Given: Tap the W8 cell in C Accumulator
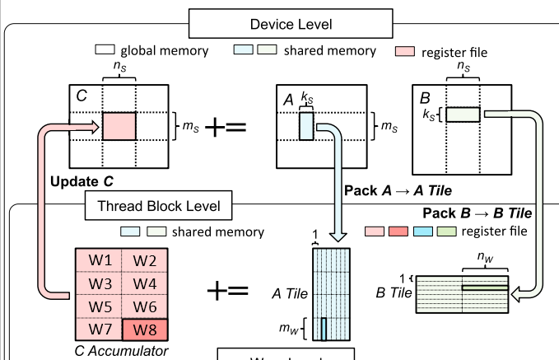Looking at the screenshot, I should pyautogui.click(x=145, y=331).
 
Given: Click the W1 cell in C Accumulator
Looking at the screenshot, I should pyautogui.click(x=101, y=260).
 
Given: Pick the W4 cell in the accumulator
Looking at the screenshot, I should pyautogui.click(x=145, y=283).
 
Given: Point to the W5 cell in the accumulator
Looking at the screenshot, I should pyautogui.click(x=101, y=307).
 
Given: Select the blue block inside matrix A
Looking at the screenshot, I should pyautogui.click(x=306, y=126).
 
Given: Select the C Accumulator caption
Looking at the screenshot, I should pyautogui.click(x=123, y=352).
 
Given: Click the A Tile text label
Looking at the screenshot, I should pyautogui.click(x=289, y=292).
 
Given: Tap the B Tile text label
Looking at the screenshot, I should pyautogui.click(x=394, y=291).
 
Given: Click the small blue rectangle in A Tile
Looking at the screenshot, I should pyautogui.click(x=324, y=328).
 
